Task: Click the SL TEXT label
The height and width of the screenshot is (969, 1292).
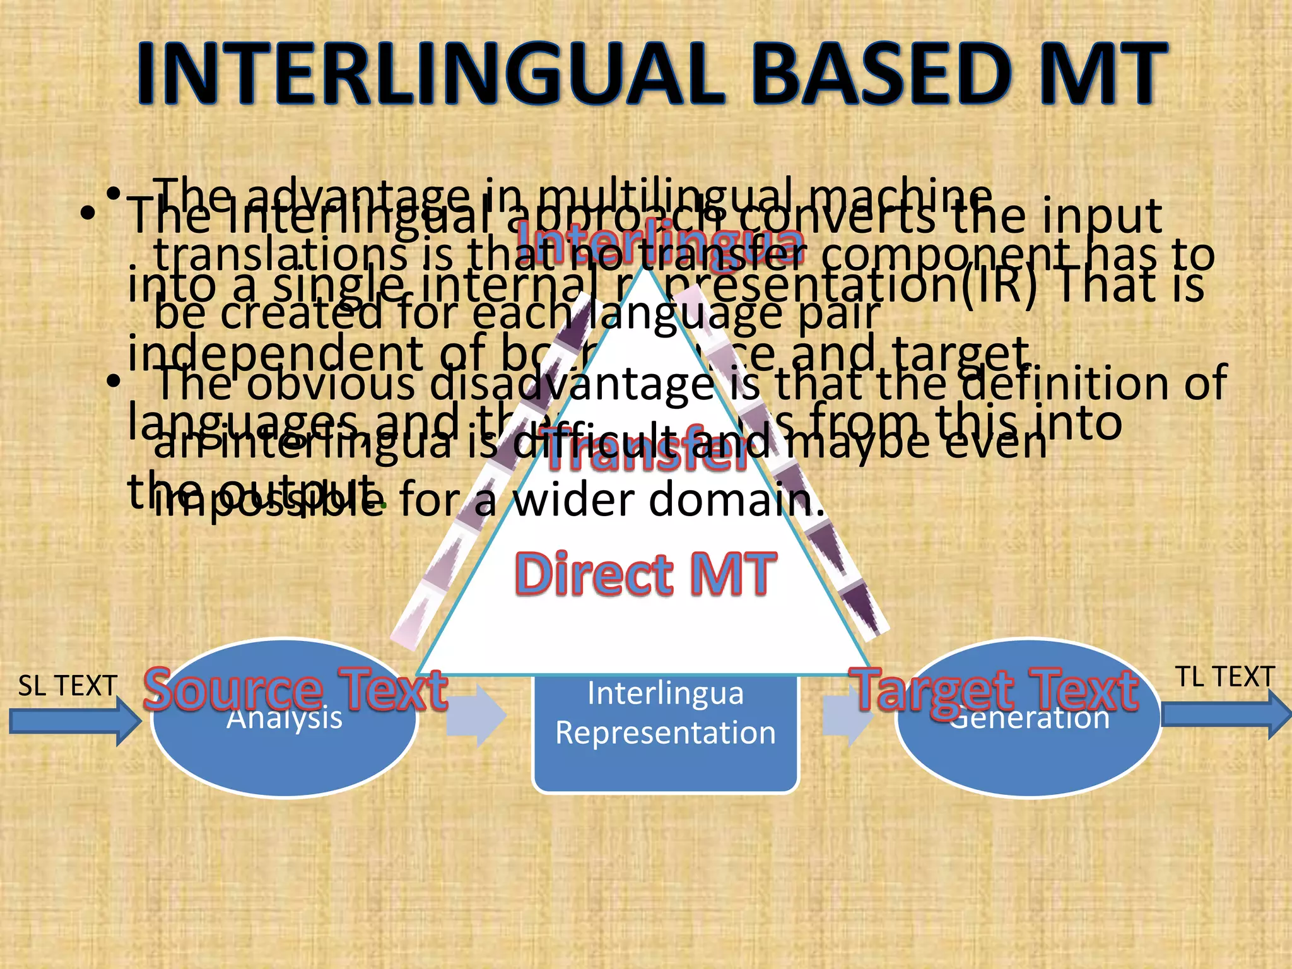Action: pyautogui.click(x=68, y=686)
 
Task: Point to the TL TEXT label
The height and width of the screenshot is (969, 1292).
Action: pyautogui.click(x=1224, y=677)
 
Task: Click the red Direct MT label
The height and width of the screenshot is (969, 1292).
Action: pyautogui.click(x=645, y=574)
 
